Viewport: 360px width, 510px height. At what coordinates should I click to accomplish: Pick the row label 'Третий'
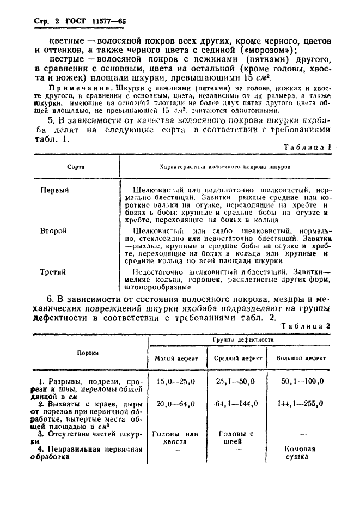53,271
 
